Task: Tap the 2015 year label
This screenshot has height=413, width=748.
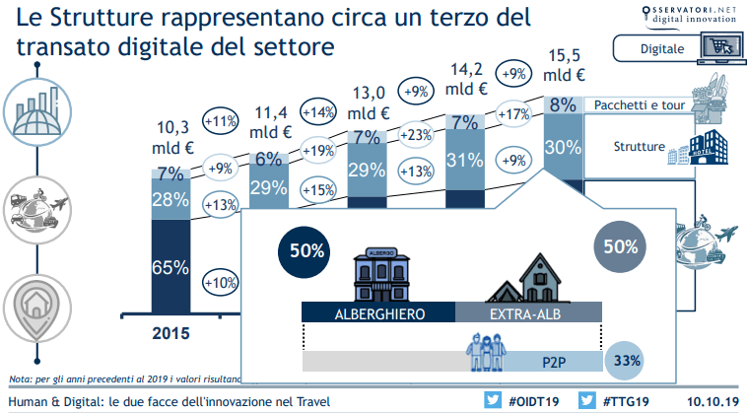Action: [171, 332]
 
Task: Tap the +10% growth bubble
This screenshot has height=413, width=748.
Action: [219, 282]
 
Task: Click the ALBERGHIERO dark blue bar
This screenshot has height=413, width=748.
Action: [378, 312]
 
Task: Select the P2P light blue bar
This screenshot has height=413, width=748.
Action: [551, 361]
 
